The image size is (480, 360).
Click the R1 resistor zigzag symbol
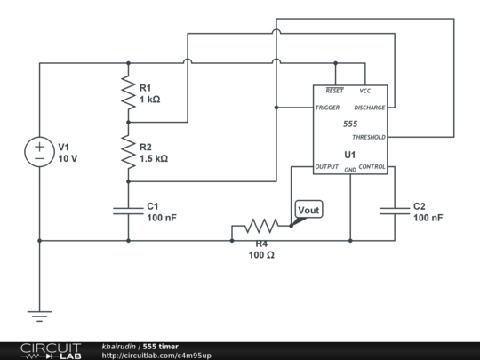coord(128,92)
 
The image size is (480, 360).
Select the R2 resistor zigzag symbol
coord(128,152)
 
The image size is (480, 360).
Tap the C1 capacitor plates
coord(128,211)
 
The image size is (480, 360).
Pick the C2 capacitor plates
coord(395,211)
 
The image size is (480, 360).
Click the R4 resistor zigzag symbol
coord(261,226)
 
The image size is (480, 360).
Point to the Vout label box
coord(308,210)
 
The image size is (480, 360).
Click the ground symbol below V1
coord(39,316)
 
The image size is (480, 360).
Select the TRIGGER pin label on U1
coord(327,108)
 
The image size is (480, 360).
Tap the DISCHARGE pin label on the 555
coord(370,108)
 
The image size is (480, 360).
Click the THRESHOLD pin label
coord(369,137)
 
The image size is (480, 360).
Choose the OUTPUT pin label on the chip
coord(326,166)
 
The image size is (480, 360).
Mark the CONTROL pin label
coord(372,166)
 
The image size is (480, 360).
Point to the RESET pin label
coord(334,91)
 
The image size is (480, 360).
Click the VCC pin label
coord(365,91)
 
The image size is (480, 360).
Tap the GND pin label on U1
coord(350,170)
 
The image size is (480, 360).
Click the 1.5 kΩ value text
coord(154,158)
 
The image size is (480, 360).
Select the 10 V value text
coord(68,158)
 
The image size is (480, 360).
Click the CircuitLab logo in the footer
coord(51,351)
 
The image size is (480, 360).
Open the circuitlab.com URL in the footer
coord(156,356)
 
